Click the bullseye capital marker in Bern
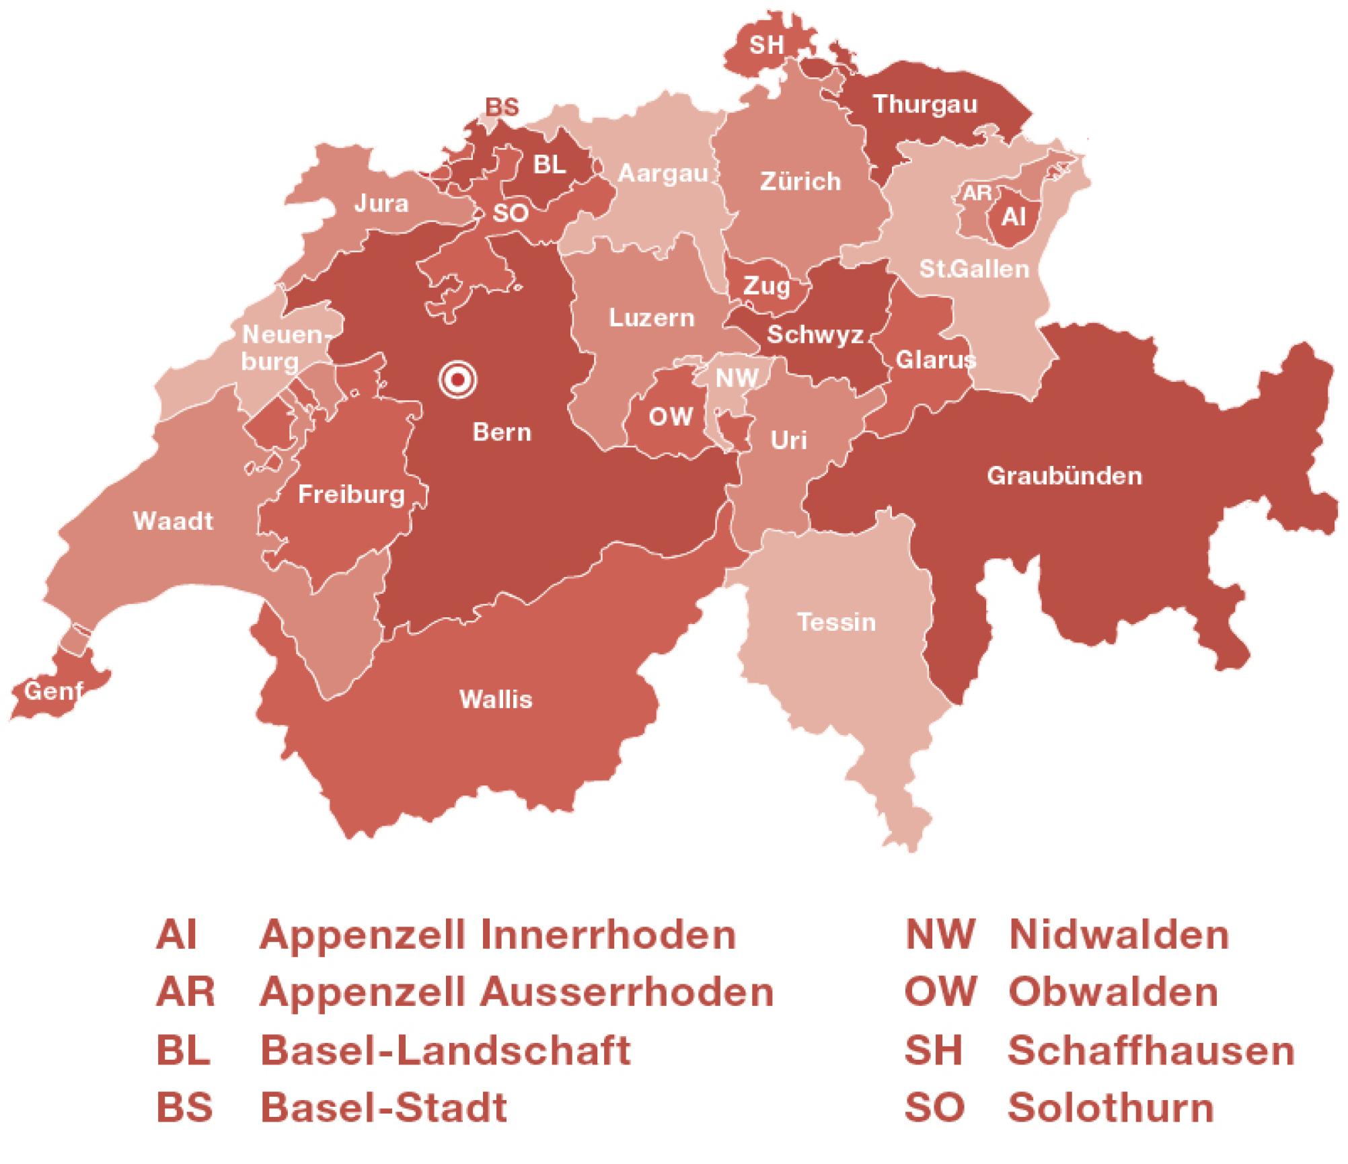[457, 380]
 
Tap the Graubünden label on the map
[1064, 476]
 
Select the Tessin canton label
[836, 622]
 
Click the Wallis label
[496, 699]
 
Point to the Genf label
[52, 690]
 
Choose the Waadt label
[173, 521]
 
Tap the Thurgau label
[925, 104]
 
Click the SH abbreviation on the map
[766, 45]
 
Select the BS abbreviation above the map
[502, 108]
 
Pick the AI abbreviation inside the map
[1014, 217]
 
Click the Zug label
[766, 287]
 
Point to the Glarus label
[935, 360]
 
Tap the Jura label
[381, 203]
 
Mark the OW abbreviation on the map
[671, 417]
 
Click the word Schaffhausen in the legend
[1151, 1051]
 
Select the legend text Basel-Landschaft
[445, 1051]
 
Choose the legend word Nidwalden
[1119, 935]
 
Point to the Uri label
[788, 440]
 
